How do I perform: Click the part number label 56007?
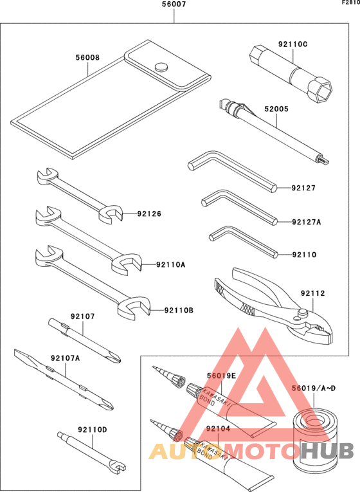click(174, 5)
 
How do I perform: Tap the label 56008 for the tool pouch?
click(87, 57)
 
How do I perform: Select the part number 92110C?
click(292, 44)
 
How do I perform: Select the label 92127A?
click(306, 222)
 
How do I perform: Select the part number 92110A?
click(170, 264)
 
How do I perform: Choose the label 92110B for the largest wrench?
click(178, 311)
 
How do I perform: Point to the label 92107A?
click(66, 358)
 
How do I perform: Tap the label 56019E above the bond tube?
click(221, 376)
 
